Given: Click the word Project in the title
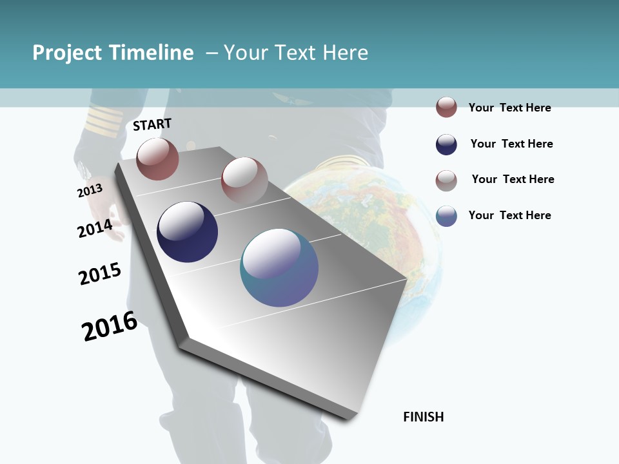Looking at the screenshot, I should [68, 53].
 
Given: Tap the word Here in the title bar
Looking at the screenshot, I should [345, 53].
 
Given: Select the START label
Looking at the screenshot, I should [152, 124].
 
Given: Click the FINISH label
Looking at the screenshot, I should [423, 417].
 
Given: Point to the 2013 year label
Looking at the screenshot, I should [90, 191].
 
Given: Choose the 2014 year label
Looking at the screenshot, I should [95, 228].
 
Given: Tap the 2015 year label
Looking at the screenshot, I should [100, 274].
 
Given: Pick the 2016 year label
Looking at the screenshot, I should [110, 326].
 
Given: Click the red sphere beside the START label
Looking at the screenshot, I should [157, 159].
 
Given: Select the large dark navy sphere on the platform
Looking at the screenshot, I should [187, 232].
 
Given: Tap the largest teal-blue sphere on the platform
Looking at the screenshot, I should [279, 267].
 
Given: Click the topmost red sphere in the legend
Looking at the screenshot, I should [446, 107].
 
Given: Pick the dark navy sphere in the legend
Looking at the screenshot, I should [446, 144].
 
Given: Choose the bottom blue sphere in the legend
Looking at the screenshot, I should [446, 216].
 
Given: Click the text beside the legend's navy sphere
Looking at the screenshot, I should [511, 144].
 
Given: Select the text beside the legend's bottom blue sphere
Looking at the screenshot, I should [509, 215].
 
